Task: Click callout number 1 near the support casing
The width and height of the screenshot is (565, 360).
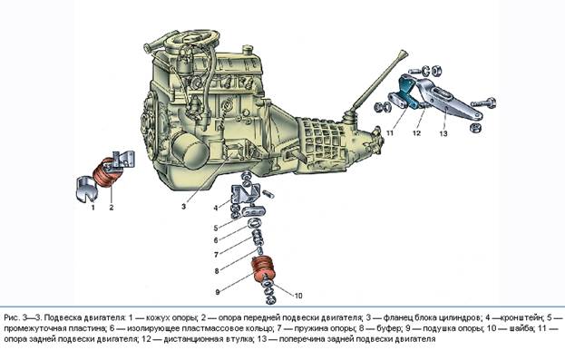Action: pos(93,208)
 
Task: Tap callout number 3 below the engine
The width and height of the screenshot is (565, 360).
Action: pos(183,207)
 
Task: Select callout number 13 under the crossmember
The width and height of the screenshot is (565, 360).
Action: pos(443,133)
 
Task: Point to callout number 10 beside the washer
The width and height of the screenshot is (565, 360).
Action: pos(298,296)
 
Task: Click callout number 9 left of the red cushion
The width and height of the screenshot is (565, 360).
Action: pos(218,292)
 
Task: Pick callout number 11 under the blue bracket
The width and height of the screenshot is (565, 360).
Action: pos(390,133)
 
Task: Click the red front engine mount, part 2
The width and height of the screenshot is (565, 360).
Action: pos(107,173)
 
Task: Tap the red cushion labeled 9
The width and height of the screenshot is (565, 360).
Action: pos(263,270)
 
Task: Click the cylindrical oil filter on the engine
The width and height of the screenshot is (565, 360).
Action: pos(190,151)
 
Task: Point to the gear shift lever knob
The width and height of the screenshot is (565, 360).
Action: pos(403,55)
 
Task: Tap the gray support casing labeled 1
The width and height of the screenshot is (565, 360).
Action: pos(86,188)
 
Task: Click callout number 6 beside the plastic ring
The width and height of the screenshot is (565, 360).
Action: pos(216,240)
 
